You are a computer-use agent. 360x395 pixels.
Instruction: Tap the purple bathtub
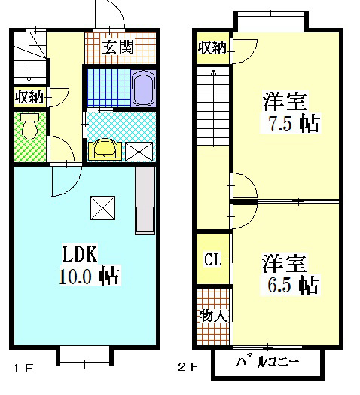pyautogui.click(x=142, y=89)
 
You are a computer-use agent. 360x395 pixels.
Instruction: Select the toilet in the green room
pyautogui.click(x=29, y=126)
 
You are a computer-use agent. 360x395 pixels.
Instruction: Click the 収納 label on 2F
pyautogui.click(x=212, y=48)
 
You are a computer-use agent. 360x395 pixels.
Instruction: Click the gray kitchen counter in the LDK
pyautogui.click(x=144, y=201)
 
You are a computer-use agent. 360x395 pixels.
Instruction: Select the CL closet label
pyautogui.click(x=213, y=260)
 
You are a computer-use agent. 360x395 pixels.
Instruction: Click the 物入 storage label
pyautogui.click(x=213, y=314)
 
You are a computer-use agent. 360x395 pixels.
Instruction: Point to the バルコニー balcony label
pyautogui.click(x=268, y=362)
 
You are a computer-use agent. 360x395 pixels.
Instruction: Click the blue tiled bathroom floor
pyautogui.click(x=105, y=89)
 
